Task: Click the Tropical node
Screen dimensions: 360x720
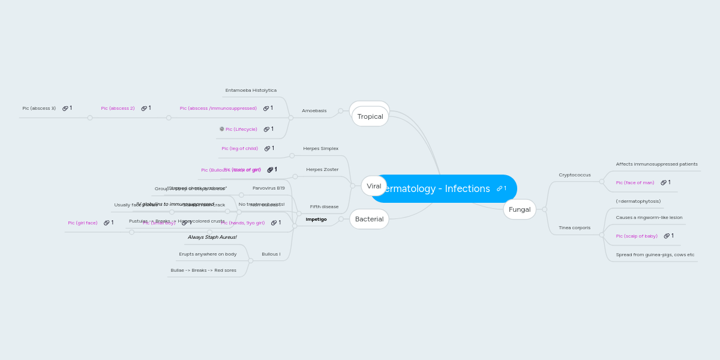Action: [370, 116]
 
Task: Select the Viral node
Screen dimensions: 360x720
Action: [374, 186]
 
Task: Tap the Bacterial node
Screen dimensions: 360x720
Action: [369, 219]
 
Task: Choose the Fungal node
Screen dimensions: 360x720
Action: [520, 209]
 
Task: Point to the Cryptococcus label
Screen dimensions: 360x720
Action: [574, 175]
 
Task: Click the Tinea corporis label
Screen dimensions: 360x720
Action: [574, 228]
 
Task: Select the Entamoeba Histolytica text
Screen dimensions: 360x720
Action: [251, 91]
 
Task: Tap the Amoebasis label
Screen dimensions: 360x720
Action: [314, 111]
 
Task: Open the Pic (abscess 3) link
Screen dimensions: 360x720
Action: [39, 109]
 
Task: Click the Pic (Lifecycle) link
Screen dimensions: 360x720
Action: [241, 130]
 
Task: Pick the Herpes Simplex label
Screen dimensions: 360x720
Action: [320, 149]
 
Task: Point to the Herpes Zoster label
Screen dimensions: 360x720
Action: [322, 170]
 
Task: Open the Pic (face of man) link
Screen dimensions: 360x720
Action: [635, 183]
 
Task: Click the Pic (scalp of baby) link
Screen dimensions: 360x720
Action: [637, 236]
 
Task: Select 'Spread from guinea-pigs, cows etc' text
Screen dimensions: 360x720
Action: [655, 255]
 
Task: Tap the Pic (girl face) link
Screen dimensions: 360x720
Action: [83, 223]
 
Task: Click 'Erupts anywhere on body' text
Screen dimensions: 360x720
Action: [208, 254]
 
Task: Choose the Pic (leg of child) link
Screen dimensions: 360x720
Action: [239, 149]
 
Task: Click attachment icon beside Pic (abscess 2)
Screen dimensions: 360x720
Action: [145, 109]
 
